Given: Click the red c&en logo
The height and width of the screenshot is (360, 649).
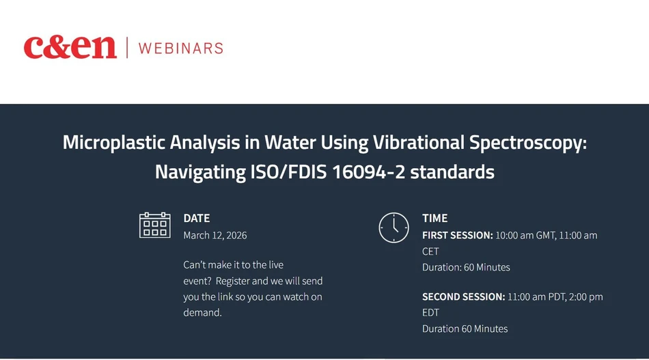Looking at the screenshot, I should (x=70, y=47).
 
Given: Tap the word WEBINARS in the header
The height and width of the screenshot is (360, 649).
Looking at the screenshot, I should (x=180, y=48).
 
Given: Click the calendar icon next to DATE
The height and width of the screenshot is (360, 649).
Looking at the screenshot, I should (x=154, y=225).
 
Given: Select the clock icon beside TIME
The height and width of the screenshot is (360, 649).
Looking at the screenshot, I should (x=393, y=227).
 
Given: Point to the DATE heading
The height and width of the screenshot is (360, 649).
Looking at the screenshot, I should (x=197, y=219).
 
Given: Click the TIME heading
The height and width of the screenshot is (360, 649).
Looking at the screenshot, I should (x=435, y=219).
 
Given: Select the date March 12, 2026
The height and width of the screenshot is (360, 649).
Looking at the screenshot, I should (x=215, y=235).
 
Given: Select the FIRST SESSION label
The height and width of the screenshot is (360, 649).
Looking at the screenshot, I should (x=457, y=235).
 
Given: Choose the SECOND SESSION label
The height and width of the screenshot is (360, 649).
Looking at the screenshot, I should (x=463, y=297).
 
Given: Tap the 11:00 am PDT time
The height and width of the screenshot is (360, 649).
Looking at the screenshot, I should (x=536, y=297).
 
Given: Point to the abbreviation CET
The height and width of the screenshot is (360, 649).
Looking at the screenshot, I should (x=430, y=251).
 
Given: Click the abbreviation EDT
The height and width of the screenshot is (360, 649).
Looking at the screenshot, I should (x=430, y=313).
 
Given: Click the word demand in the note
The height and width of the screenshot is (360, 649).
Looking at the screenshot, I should (x=202, y=313).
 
